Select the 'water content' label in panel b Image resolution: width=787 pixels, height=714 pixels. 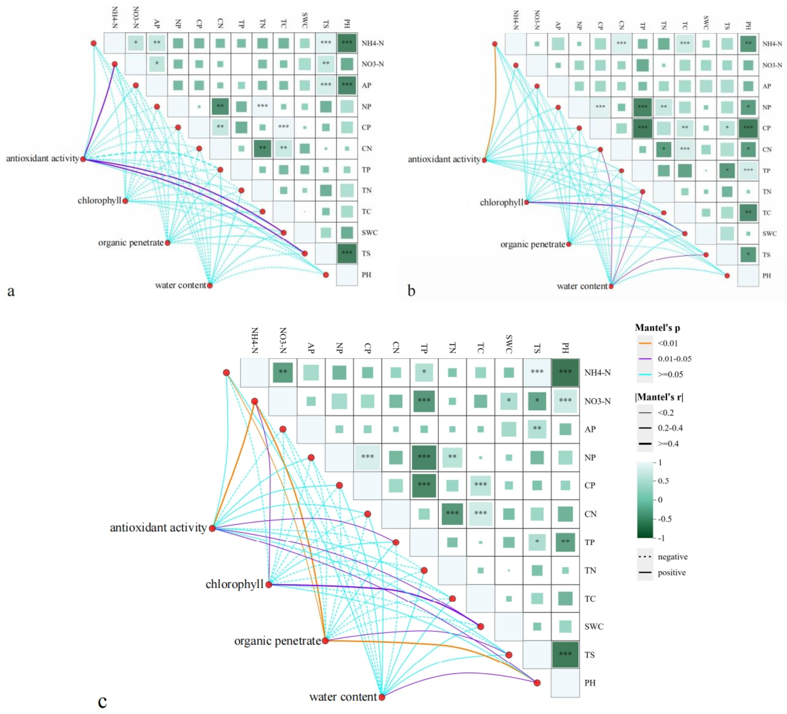click(582, 286)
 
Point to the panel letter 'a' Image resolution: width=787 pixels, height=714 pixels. click(11, 291)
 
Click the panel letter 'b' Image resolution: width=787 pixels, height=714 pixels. click(411, 291)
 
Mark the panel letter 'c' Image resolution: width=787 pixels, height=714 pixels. click(102, 701)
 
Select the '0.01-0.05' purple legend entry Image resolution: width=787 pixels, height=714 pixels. click(674, 359)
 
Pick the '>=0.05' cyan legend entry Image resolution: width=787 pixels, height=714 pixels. click(670, 374)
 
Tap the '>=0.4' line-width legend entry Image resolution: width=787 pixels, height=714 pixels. click(668, 444)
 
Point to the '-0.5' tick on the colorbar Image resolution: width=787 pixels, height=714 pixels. click(662, 519)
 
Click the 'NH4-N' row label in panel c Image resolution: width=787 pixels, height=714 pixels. click(597, 373)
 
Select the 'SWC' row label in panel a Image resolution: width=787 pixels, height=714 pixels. click(369, 233)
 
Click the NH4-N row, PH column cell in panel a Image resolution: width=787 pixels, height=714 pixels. click(347, 43)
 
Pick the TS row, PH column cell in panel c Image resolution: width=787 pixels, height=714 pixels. click(565, 655)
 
